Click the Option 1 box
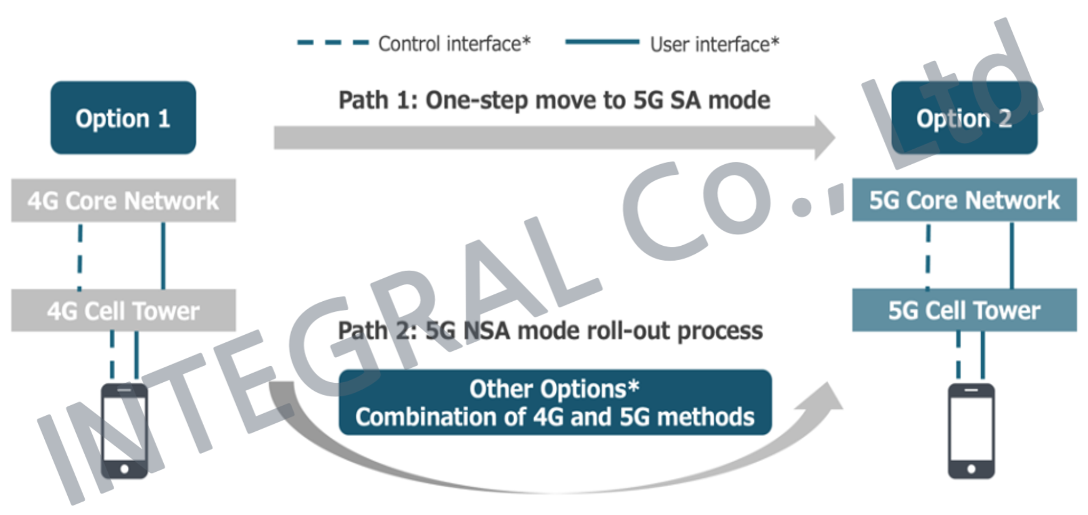click(123, 118)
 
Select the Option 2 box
click(964, 118)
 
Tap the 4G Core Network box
click(123, 200)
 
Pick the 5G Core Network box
click(964, 200)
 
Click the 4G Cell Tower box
click(123, 310)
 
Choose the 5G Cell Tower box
click(964, 310)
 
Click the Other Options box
click(555, 403)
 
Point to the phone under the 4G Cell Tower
click(124, 431)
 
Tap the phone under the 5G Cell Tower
click(971, 431)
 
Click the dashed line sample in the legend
click(333, 42)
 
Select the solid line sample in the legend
click(602, 42)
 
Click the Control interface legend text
click(454, 44)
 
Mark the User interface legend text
click(715, 44)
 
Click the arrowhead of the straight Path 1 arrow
click(825, 138)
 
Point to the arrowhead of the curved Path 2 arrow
click(825, 397)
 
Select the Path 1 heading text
click(554, 100)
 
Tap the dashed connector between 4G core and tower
click(80, 256)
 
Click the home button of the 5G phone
click(971, 469)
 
